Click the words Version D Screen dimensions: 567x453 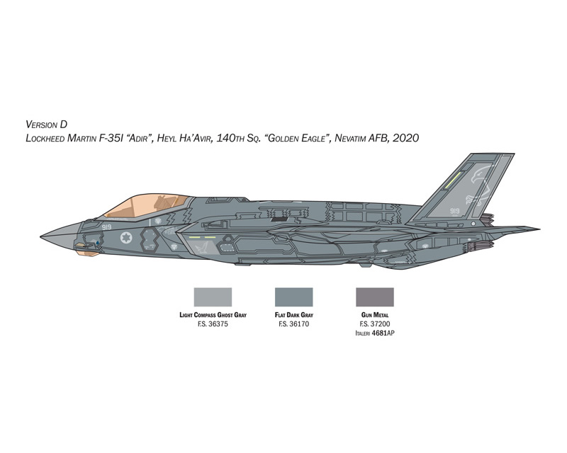click(x=47, y=125)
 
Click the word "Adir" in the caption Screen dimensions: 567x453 click(x=136, y=138)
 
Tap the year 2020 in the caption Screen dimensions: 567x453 click(x=405, y=138)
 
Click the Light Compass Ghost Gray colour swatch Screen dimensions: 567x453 click(x=213, y=297)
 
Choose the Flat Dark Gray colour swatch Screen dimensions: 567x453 click(x=293, y=297)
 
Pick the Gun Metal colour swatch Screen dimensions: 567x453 click(x=375, y=297)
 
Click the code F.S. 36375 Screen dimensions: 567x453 click(x=213, y=324)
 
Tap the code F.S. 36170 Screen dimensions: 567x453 click(x=293, y=324)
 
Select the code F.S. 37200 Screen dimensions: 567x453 click(x=375, y=324)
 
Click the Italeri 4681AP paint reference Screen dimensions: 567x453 click(x=375, y=333)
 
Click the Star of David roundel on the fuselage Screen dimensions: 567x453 click(x=126, y=238)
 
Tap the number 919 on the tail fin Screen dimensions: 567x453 click(x=454, y=211)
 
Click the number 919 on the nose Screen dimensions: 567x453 click(x=106, y=227)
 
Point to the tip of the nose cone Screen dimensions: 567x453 click(x=40, y=236)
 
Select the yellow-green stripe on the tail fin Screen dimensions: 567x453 click(x=453, y=180)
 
